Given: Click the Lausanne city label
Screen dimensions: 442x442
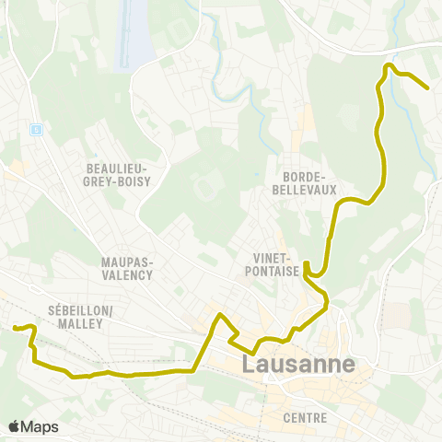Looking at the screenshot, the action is pos(298,364).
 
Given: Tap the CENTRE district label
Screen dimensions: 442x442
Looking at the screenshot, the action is pos(306,418).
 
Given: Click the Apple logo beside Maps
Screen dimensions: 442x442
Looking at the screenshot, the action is pos(14,426).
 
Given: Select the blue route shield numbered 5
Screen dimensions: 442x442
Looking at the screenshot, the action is pos(36,129).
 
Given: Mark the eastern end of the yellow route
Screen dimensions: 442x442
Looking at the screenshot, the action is pos(428,87).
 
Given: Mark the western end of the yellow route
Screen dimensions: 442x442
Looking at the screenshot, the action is pos(14,327).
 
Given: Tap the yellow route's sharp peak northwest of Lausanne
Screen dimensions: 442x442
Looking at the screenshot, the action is pos(219,317).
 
